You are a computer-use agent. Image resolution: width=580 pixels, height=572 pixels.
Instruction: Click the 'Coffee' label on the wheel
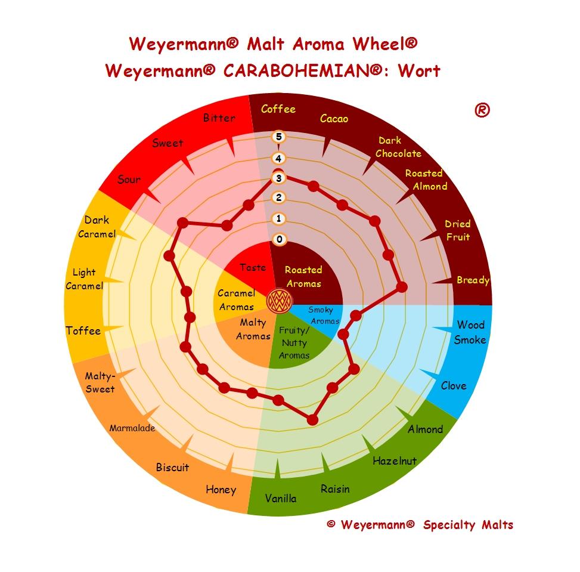278,109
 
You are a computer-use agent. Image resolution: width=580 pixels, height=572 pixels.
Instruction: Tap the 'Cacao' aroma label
334,119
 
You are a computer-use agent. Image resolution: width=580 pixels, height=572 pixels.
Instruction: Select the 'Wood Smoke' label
470,332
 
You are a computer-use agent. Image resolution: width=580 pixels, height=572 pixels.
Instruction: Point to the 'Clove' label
453,385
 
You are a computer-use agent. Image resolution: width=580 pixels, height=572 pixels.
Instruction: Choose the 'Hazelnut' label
395,460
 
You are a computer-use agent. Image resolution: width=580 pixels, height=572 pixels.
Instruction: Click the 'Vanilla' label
280,498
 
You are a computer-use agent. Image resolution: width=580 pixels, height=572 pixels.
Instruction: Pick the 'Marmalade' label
132,428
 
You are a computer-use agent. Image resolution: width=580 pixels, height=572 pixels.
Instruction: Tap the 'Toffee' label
83,331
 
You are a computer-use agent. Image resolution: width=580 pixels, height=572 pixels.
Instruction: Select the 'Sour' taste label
129,180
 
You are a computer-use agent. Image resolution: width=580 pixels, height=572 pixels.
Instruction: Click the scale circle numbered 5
278,137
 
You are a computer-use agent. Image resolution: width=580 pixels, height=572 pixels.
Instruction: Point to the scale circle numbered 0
278,240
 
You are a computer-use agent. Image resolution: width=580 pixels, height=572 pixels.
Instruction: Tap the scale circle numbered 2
278,198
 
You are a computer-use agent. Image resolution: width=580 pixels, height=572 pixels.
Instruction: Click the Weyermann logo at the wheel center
278,301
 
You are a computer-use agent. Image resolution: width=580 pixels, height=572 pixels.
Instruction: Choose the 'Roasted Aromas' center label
303,277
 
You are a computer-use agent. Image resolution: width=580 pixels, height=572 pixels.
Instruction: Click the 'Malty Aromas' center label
253,329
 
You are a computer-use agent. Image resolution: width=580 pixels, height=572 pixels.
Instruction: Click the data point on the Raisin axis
312,420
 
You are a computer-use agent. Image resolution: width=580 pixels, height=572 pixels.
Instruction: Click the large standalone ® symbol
482,110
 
